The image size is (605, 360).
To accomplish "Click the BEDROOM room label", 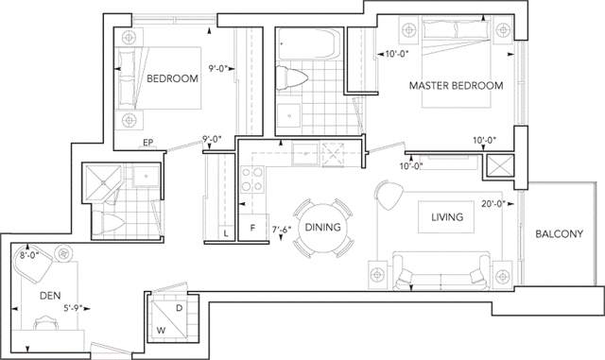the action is click(172, 78).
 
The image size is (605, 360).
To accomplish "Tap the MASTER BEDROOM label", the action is click(456, 85).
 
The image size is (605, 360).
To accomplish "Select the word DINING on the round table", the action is click(323, 228).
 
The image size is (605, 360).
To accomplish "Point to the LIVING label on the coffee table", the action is click(447, 217).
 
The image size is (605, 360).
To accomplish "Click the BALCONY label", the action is click(559, 233).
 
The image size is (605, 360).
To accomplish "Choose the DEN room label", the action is click(50, 296).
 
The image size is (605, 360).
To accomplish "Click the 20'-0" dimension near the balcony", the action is click(493, 204).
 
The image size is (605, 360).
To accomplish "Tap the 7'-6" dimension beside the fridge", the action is click(282, 230).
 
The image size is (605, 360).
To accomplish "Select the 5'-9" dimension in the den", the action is click(74, 308).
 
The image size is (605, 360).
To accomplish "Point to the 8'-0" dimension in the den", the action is click(29, 255).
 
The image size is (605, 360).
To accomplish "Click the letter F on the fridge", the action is click(252, 228).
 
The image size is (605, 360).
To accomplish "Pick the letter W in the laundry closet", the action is click(162, 331).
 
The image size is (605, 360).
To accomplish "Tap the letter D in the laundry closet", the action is click(179, 308).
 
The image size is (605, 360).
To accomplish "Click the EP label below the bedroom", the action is click(147, 143).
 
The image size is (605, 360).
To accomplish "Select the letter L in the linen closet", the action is click(226, 233).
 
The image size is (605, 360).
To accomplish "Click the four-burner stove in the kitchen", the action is click(252, 180).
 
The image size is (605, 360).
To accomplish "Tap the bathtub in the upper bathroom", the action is click(308, 44).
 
